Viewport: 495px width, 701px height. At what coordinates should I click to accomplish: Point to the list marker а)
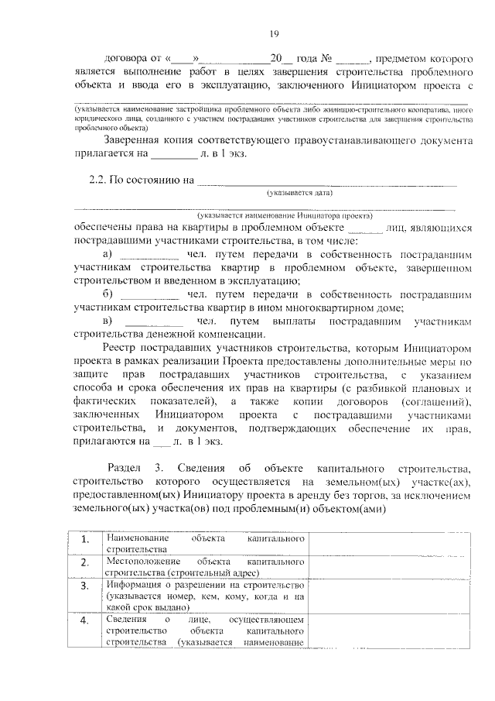(108, 254)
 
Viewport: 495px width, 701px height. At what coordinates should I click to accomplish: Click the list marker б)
(108, 294)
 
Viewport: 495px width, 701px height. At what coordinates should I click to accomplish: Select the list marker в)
(108, 321)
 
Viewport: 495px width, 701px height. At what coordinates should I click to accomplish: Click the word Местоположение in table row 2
(144, 560)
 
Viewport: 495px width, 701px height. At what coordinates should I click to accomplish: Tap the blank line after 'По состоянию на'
(326, 183)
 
